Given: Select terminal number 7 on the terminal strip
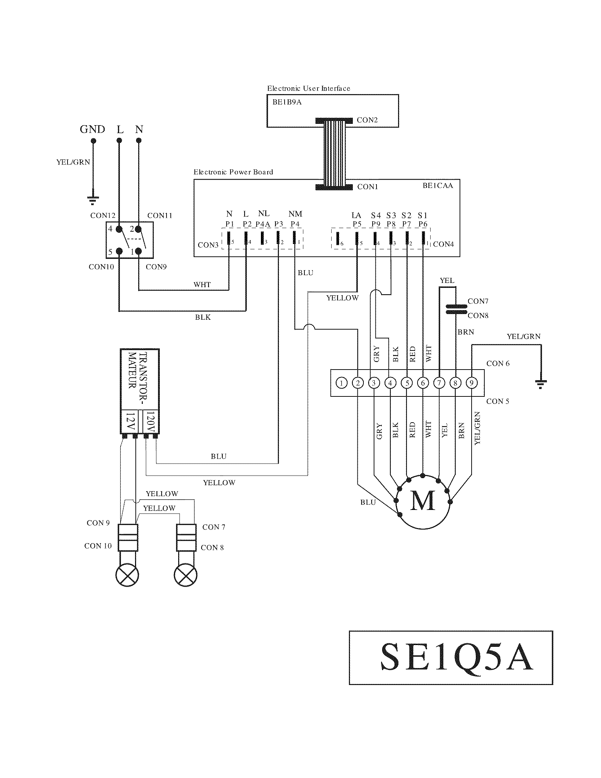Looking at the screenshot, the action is pyautogui.click(x=439, y=383).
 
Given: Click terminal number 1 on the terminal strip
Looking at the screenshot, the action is pyautogui.click(x=342, y=383).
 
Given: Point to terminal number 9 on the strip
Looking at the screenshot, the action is pyautogui.click(x=471, y=383).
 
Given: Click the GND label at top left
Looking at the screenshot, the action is pyautogui.click(x=92, y=129).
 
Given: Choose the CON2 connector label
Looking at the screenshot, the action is pyautogui.click(x=367, y=120).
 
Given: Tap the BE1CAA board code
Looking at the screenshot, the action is pyautogui.click(x=438, y=186).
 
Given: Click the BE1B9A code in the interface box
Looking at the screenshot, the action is pyautogui.click(x=287, y=102).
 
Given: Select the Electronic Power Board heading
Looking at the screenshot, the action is pyautogui.click(x=233, y=172).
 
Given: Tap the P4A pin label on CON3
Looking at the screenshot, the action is pyautogui.click(x=263, y=224).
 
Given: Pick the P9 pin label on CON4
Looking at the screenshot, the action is pyautogui.click(x=375, y=224).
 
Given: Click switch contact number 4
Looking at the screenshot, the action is pyautogui.click(x=119, y=229).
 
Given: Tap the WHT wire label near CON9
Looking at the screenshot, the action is pyautogui.click(x=202, y=285).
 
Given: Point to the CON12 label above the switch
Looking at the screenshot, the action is pyautogui.click(x=103, y=215).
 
